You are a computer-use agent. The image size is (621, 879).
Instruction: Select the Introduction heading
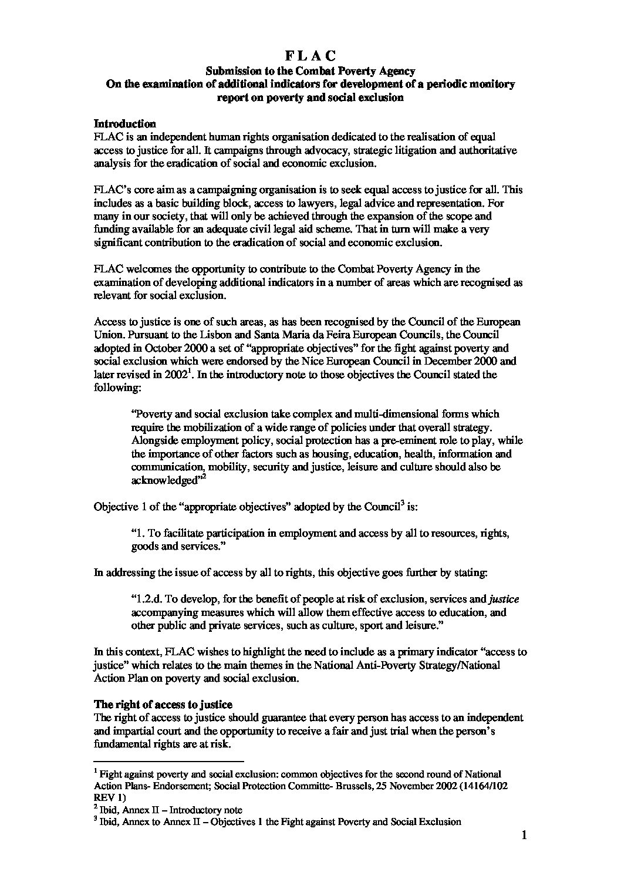point(124,124)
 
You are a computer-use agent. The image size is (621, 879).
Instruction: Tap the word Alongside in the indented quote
point(154,440)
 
